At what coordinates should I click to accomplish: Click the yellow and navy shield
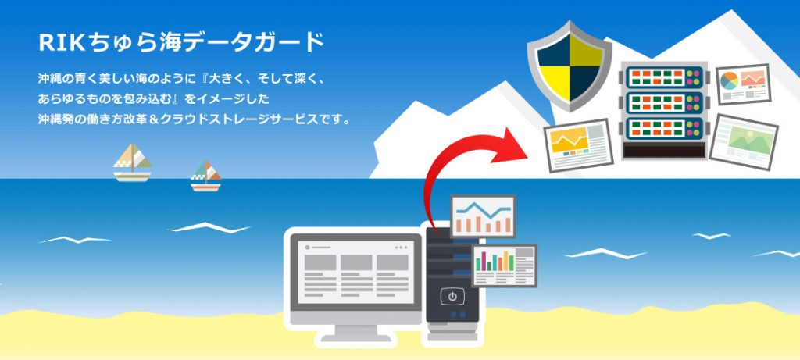pos(570,66)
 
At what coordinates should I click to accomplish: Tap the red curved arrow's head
pos(512,147)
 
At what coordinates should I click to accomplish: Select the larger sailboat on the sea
pos(132,162)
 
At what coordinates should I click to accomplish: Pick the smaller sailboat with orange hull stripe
pos(205,176)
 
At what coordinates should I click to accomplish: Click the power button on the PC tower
pos(452,296)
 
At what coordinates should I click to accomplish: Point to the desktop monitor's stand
pos(355,333)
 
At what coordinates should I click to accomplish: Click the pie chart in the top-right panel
pos(729,80)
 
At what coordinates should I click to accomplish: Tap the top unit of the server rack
pos(664,77)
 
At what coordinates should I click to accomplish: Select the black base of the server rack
pos(664,150)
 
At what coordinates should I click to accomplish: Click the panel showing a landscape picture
pos(744,142)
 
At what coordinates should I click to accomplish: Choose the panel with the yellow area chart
pos(579,144)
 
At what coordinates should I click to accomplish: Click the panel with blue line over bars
pos(483,216)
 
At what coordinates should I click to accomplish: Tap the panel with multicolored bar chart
pos(504,266)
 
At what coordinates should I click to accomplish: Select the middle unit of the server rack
pos(664,103)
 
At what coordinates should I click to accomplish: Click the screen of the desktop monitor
pos(356,272)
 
